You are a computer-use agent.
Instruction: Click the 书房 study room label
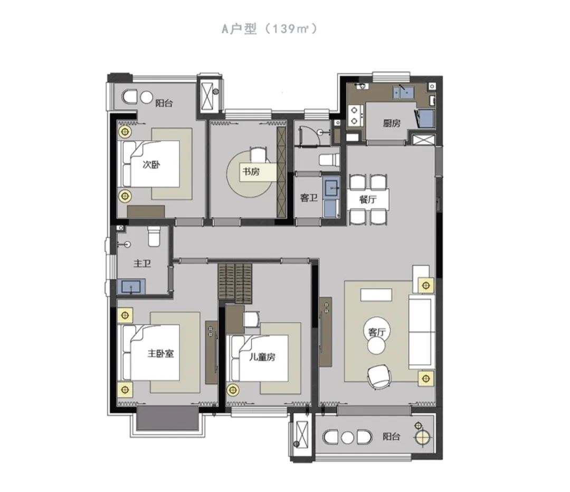(x=251, y=171)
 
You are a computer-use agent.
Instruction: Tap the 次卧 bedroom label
(x=151, y=165)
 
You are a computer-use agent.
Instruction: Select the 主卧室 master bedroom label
(x=160, y=353)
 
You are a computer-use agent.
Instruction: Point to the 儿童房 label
(x=262, y=357)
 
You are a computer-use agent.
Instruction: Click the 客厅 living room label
(x=376, y=332)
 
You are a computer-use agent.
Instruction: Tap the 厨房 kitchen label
(x=392, y=123)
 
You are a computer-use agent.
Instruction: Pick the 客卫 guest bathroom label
(x=309, y=198)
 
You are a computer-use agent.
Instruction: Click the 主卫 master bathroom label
(x=142, y=263)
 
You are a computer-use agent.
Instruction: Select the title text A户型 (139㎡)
(x=269, y=28)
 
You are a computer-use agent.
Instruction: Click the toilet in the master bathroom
(x=154, y=236)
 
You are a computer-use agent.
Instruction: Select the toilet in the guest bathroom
(x=329, y=159)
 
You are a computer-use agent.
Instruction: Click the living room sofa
(x=422, y=332)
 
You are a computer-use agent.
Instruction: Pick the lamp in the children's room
(x=233, y=390)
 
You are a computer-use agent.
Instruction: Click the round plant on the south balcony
(x=423, y=437)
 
